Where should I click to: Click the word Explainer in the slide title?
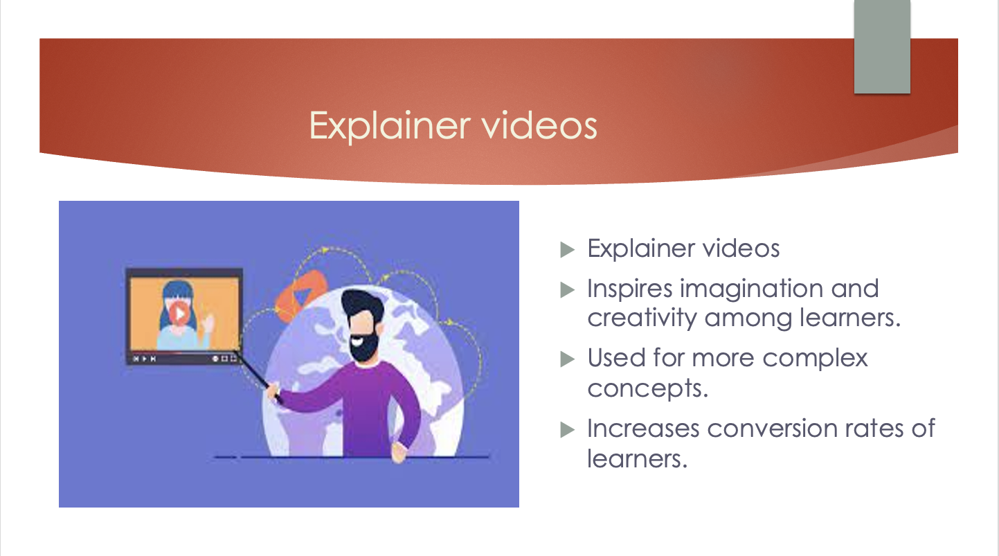click(x=390, y=126)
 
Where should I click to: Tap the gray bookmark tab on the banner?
click(x=882, y=46)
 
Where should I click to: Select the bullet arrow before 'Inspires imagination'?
click(x=567, y=290)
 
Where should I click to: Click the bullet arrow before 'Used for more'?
click(x=567, y=359)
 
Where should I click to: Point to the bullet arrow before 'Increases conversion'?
click(x=567, y=429)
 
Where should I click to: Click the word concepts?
click(x=647, y=388)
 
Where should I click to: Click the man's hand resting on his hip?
click(x=399, y=452)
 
